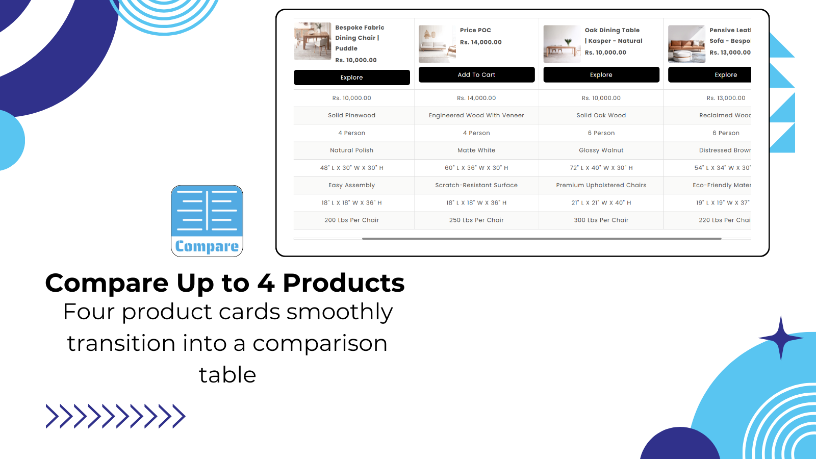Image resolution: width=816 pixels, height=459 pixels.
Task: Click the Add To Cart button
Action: point(476,75)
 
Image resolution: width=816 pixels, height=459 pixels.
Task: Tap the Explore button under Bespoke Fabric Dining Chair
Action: point(351,78)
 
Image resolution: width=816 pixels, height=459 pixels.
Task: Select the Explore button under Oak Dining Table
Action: point(601,75)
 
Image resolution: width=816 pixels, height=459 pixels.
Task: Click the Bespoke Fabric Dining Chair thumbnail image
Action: point(312,41)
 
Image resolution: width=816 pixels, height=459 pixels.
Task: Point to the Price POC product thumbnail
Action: point(437,44)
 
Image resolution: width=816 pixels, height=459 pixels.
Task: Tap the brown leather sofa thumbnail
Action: point(686,44)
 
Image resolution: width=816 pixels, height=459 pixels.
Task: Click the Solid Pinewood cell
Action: point(351,115)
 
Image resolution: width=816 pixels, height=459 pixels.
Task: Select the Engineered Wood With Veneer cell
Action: point(476,115)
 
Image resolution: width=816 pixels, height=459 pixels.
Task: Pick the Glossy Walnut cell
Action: point(601,150)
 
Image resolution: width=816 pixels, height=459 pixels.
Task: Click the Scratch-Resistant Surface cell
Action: point(476,185)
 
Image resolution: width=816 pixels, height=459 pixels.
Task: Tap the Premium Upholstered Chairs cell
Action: point(601,185)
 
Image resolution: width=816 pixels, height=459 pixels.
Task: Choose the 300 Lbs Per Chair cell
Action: point(601,220)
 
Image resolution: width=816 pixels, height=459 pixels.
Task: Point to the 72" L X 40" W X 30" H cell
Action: point(601,168)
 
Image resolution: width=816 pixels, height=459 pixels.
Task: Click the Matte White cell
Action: point(476,150)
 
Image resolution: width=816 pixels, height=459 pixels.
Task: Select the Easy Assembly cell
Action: point(351,185)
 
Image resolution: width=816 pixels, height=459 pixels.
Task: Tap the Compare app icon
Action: point(207,221)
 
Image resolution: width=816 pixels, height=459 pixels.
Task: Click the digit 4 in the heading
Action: point(266,284)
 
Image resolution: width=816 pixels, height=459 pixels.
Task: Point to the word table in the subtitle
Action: point(227,375)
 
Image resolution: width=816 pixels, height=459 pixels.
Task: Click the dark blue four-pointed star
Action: point(780,338)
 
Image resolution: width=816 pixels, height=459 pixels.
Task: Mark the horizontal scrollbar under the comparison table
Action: point(541,239)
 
